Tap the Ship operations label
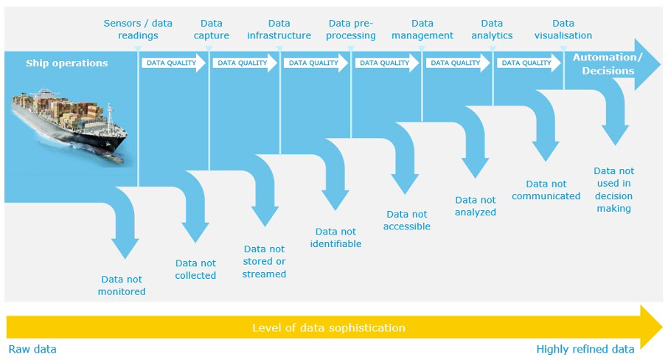tap(67, 63)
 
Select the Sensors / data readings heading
tap(138, 30)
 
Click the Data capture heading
tap(211, 30)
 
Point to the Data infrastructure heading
tap(279, 30)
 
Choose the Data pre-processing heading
tap(352, 30)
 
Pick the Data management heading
tap(422, 30)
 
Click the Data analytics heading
tap(492, 30)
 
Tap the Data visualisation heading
tap(563, 30)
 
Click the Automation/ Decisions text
tap(608, 64)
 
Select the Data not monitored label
tap(122, 285)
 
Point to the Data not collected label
tap(195, 269)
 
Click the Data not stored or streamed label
tap(264, 262)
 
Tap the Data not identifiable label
tap(335, 238)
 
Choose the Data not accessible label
tap(406, 221)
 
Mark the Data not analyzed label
tap(476, 206)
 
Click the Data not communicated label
tap(546, 190)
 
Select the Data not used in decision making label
tap(613, 190)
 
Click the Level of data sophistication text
tap(329, 328)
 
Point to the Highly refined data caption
tap(585, 349)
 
